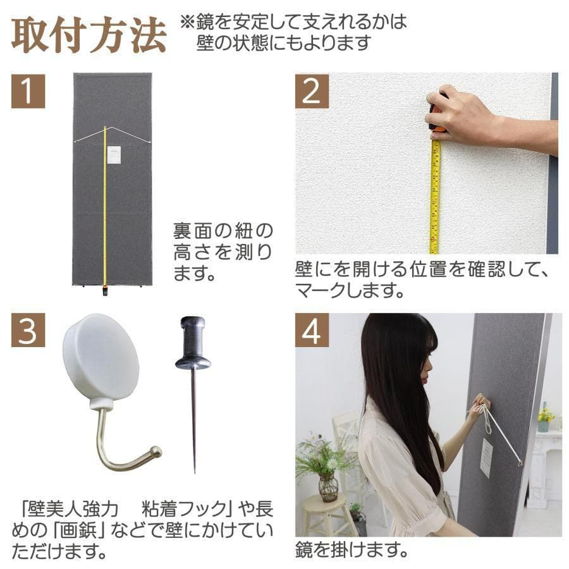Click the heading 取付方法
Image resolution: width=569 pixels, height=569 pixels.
click(89, 35)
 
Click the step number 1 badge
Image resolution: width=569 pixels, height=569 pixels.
click(28, 91)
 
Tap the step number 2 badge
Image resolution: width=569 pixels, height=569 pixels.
click(312, 91)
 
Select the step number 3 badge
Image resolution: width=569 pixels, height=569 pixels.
click(28, 330)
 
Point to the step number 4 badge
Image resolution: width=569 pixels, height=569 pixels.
click(312, 330)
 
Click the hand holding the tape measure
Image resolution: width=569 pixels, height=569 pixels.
click(458, 114)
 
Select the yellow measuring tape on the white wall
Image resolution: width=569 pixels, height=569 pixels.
click(435, 196)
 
